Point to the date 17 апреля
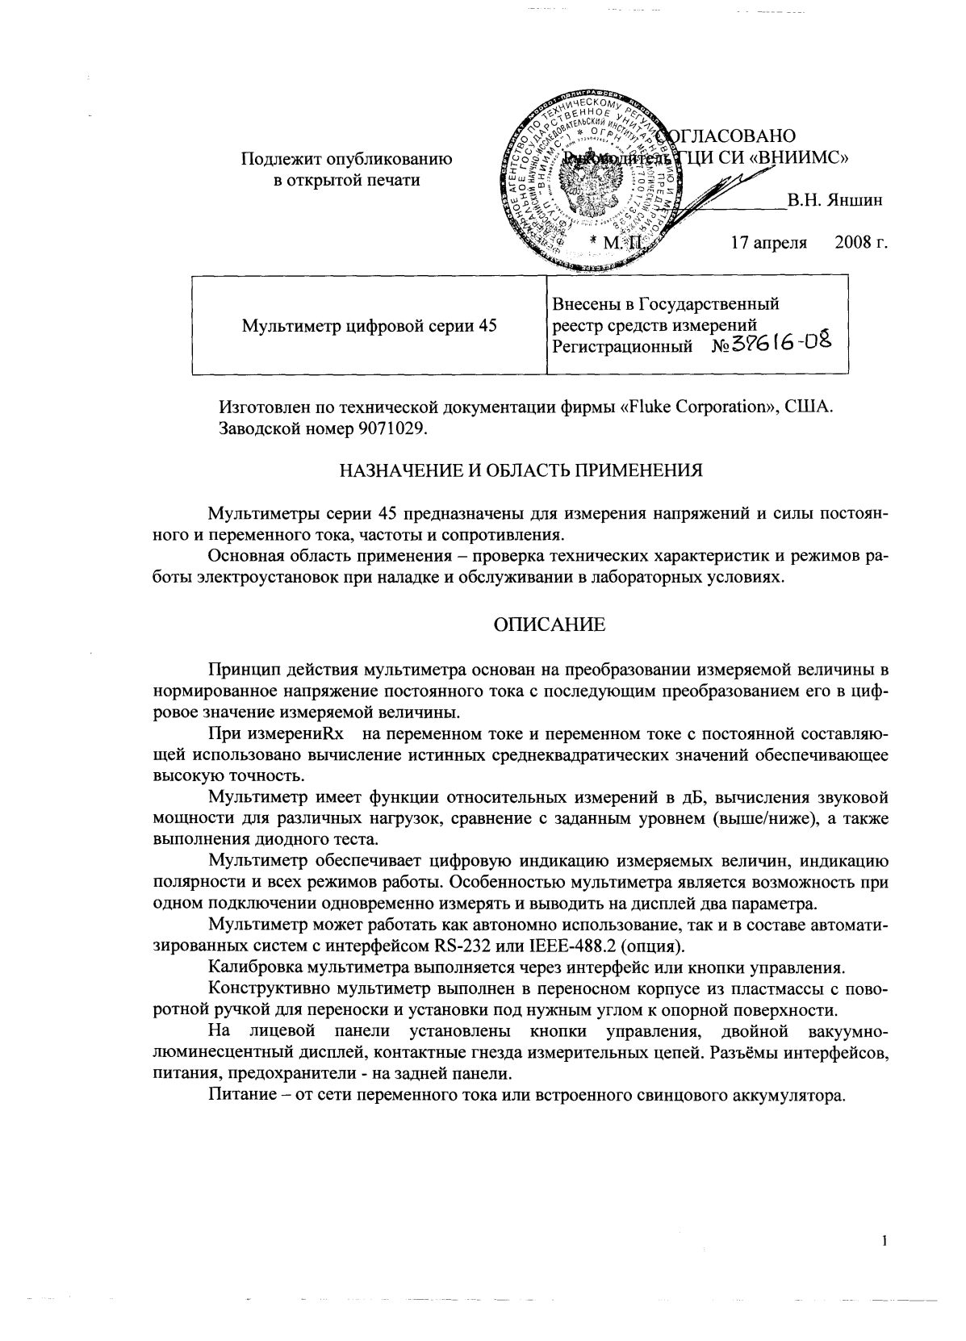tap(768, 243)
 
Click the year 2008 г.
tap(861, 243)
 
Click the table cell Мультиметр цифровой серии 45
tap(369, 326)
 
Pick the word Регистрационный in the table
tap(622, 347)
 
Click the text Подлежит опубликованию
tap(347, 160)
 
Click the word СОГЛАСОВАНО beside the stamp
tap(730, 135)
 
